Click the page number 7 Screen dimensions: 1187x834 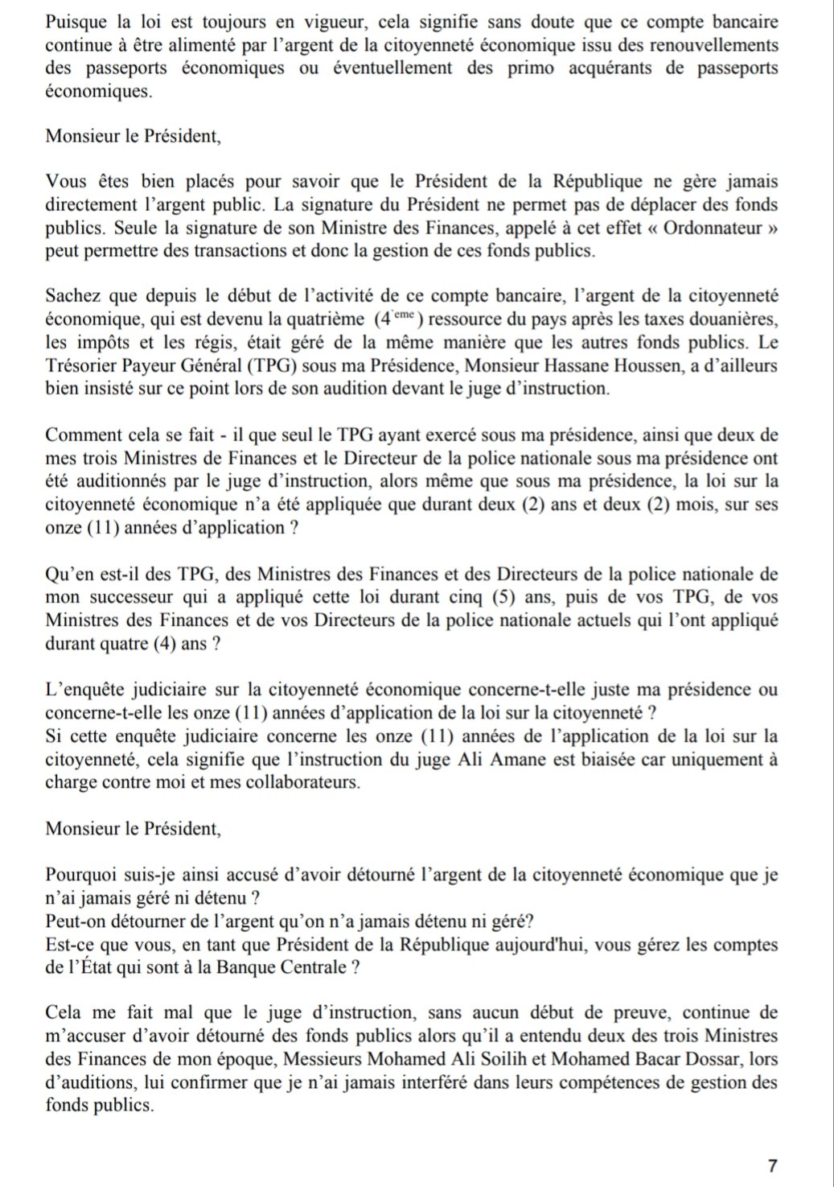pyautogui.click(x=772, y=1165)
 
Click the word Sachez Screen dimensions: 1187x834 pyautogui.click(x=72, y=296)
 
